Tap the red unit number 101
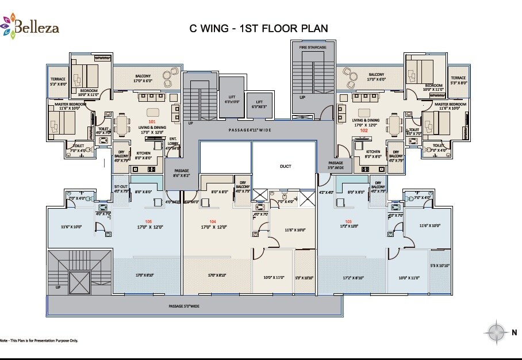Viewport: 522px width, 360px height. point(152,122)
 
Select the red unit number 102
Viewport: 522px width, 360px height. point(363,130)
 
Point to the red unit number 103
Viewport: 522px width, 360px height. point(348,221)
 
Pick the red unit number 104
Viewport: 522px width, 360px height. point(213,221)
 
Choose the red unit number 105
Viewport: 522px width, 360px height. point(149,221)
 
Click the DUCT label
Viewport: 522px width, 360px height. point(286,166)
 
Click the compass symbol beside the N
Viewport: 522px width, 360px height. point(496,332)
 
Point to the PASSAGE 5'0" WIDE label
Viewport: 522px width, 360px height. point(184,306)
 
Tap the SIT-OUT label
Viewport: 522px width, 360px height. point(120,188)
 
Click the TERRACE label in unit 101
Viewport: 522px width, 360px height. point(57,81)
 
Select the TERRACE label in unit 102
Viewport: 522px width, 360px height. point(458,80)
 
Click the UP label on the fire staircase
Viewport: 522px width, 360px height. point(302,97)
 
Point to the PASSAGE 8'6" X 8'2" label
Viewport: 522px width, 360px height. point(182,173)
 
